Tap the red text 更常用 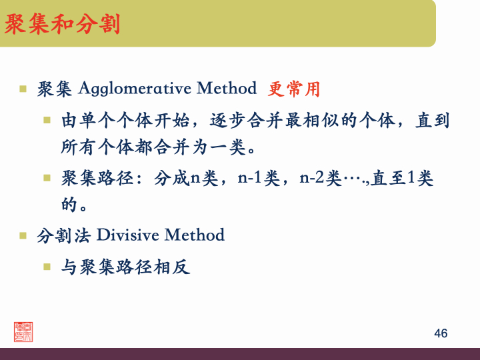(x=294, y=88)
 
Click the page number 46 (x=440, y=333)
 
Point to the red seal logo (x=23, y=331)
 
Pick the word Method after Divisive (x=194, y=235)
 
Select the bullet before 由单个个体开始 (x=47, y=121)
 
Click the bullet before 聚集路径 (x=47, y=178)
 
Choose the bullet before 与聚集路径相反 (x=47, y=267)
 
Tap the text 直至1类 (x=403, y=178)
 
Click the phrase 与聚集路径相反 (x=126, y=267)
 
